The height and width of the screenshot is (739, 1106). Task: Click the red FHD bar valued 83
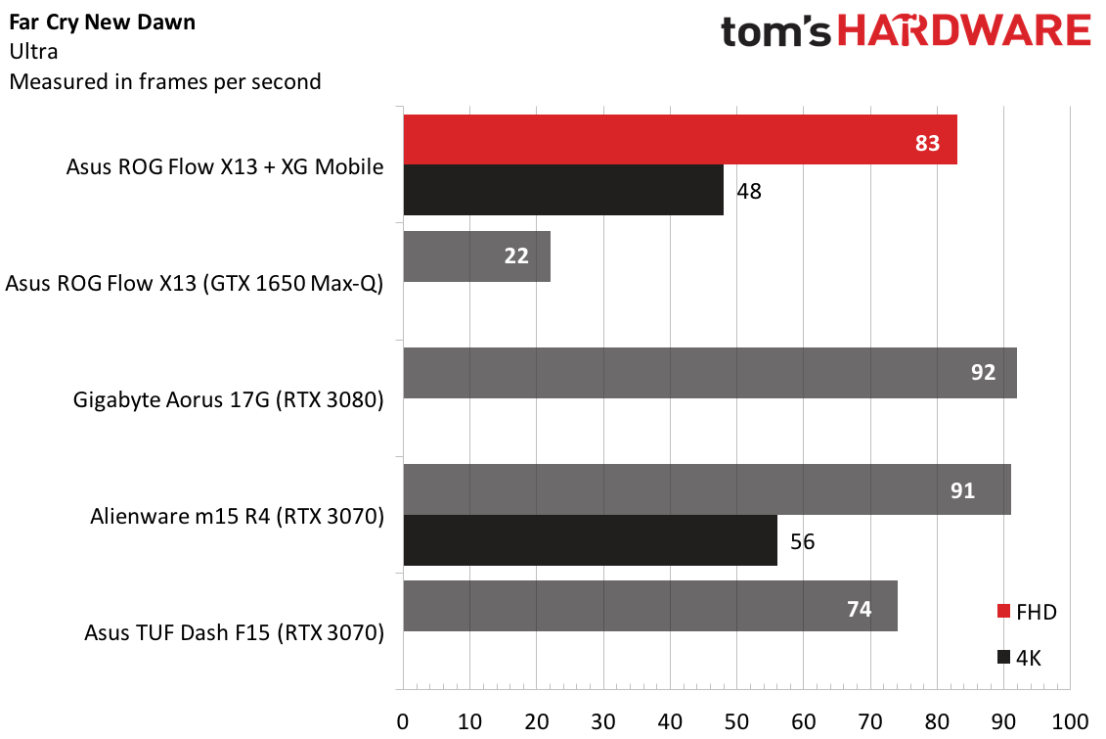point(680,140)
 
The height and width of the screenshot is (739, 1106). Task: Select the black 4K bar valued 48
point(563,190)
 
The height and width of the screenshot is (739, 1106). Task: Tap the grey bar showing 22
point(477,256)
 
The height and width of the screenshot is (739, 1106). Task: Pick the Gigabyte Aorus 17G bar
point(710,373)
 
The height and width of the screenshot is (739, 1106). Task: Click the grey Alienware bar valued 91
point(707,489)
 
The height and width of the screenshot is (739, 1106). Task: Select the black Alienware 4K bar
point(591,540)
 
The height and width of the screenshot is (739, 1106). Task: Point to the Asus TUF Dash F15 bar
point(650,606)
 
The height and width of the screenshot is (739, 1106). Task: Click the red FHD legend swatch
point(1003,611)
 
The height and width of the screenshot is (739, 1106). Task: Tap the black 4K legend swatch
point(1003,657)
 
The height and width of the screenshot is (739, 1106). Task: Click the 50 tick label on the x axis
point(736,721)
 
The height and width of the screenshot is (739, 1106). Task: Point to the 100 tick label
point(1070,721)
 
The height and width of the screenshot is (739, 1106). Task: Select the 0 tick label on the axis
point(403,721)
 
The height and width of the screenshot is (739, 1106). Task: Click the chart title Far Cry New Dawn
point(103,23)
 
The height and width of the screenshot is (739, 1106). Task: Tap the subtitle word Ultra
point(34,52)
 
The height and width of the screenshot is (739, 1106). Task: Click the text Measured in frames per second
point(165,82)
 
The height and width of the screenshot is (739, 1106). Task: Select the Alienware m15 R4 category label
point(237,517)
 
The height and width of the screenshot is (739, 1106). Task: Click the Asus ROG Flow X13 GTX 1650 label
point(195,284)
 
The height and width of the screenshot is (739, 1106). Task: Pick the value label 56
point(802,541)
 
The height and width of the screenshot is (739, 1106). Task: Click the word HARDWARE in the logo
point(963,31)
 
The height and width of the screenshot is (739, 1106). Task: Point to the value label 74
point(860,609)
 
